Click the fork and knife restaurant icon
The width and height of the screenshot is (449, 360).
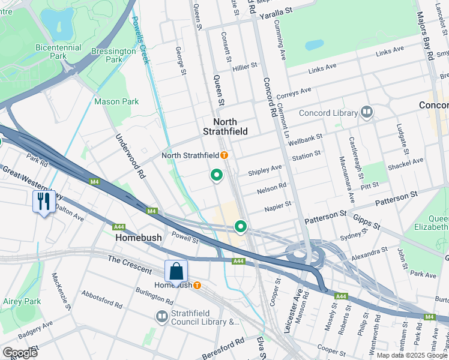(43, 201)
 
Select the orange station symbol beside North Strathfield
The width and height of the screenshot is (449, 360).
(224, 155)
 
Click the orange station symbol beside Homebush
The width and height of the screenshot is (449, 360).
(196, 285)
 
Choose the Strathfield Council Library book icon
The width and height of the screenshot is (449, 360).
(161, 316)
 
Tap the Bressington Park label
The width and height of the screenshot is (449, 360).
(113, 55)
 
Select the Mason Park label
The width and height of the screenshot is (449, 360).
(116, 101)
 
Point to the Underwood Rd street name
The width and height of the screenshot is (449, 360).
(131, 156)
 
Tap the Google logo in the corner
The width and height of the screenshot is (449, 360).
(20, 352)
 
